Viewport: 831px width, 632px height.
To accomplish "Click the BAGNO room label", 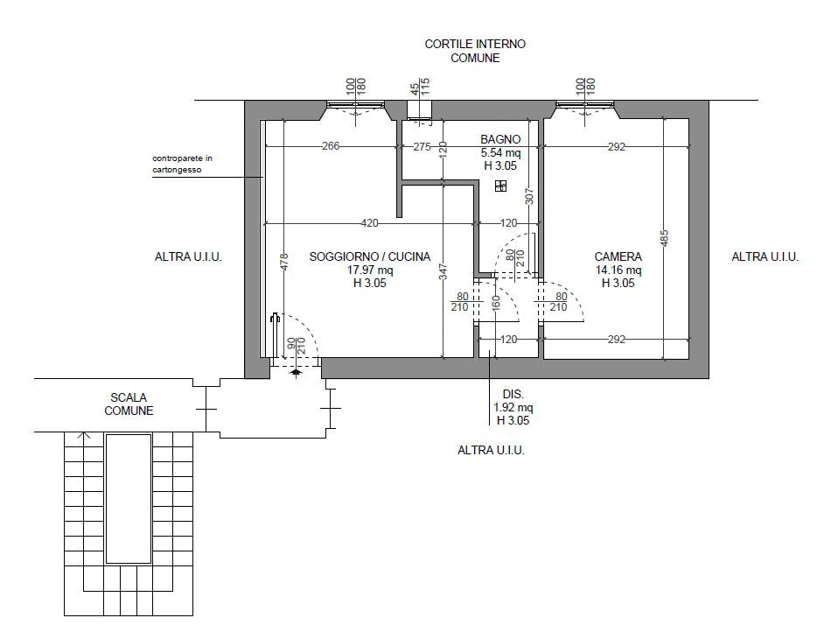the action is (x=500, y=139).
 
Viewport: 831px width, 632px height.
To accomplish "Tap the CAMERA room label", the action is (x=618, y=256).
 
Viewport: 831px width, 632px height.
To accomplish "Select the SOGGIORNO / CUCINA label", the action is (x=370, y=256).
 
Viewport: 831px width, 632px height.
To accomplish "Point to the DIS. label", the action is (x=513, y=395).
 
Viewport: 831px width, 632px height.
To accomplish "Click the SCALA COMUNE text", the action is (x=129, y=404).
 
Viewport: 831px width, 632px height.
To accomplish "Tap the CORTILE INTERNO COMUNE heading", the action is (x=475, y=51).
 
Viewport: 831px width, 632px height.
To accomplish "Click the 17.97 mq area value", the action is (x=370, y=270).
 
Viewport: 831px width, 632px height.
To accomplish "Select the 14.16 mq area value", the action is (x=618, y=270).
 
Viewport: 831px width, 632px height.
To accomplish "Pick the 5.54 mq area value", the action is (x=501, y=152).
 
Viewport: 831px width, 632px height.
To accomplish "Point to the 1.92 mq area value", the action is (x=513, y=408).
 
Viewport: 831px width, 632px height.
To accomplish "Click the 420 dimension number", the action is (x=369, y=223).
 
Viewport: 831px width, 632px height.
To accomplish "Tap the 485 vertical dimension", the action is (x=665, y=238).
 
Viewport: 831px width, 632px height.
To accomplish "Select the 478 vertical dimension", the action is (x=284, y=262).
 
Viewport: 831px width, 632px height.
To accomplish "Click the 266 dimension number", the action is (x=331, y=146).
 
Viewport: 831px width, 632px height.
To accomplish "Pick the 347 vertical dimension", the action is (x=443, y=272).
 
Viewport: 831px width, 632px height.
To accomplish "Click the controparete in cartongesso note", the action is (x=182, y=164).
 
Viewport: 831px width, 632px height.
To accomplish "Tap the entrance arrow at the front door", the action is (x=296, y=372).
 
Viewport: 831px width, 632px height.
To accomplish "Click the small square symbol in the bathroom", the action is (x=501, y=186).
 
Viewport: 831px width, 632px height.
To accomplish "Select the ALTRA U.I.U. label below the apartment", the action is (x=491, y=450).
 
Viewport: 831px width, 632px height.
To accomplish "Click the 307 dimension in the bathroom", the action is (x=528, y=196).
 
